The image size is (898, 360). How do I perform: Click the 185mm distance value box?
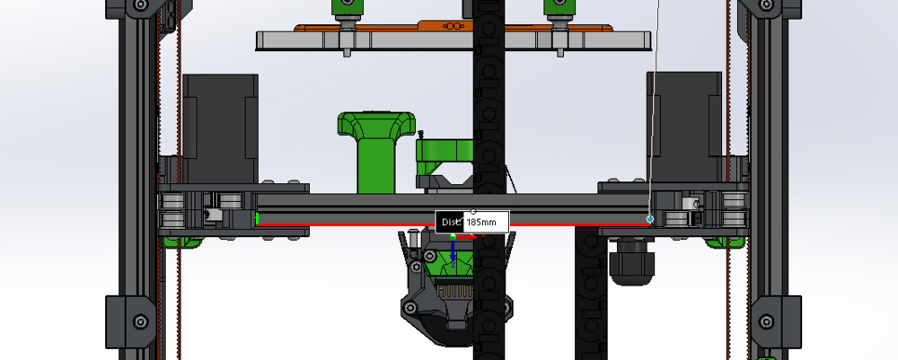click(486, 221)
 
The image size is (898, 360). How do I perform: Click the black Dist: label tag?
click(450, 221)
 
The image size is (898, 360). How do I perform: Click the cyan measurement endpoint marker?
click(650, 218)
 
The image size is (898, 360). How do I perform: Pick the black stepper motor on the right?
click(684, 126)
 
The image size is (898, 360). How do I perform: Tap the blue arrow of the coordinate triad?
click(453, 254)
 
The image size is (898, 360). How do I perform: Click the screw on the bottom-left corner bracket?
click(139, 321)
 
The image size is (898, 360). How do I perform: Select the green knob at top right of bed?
click(559, 9)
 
